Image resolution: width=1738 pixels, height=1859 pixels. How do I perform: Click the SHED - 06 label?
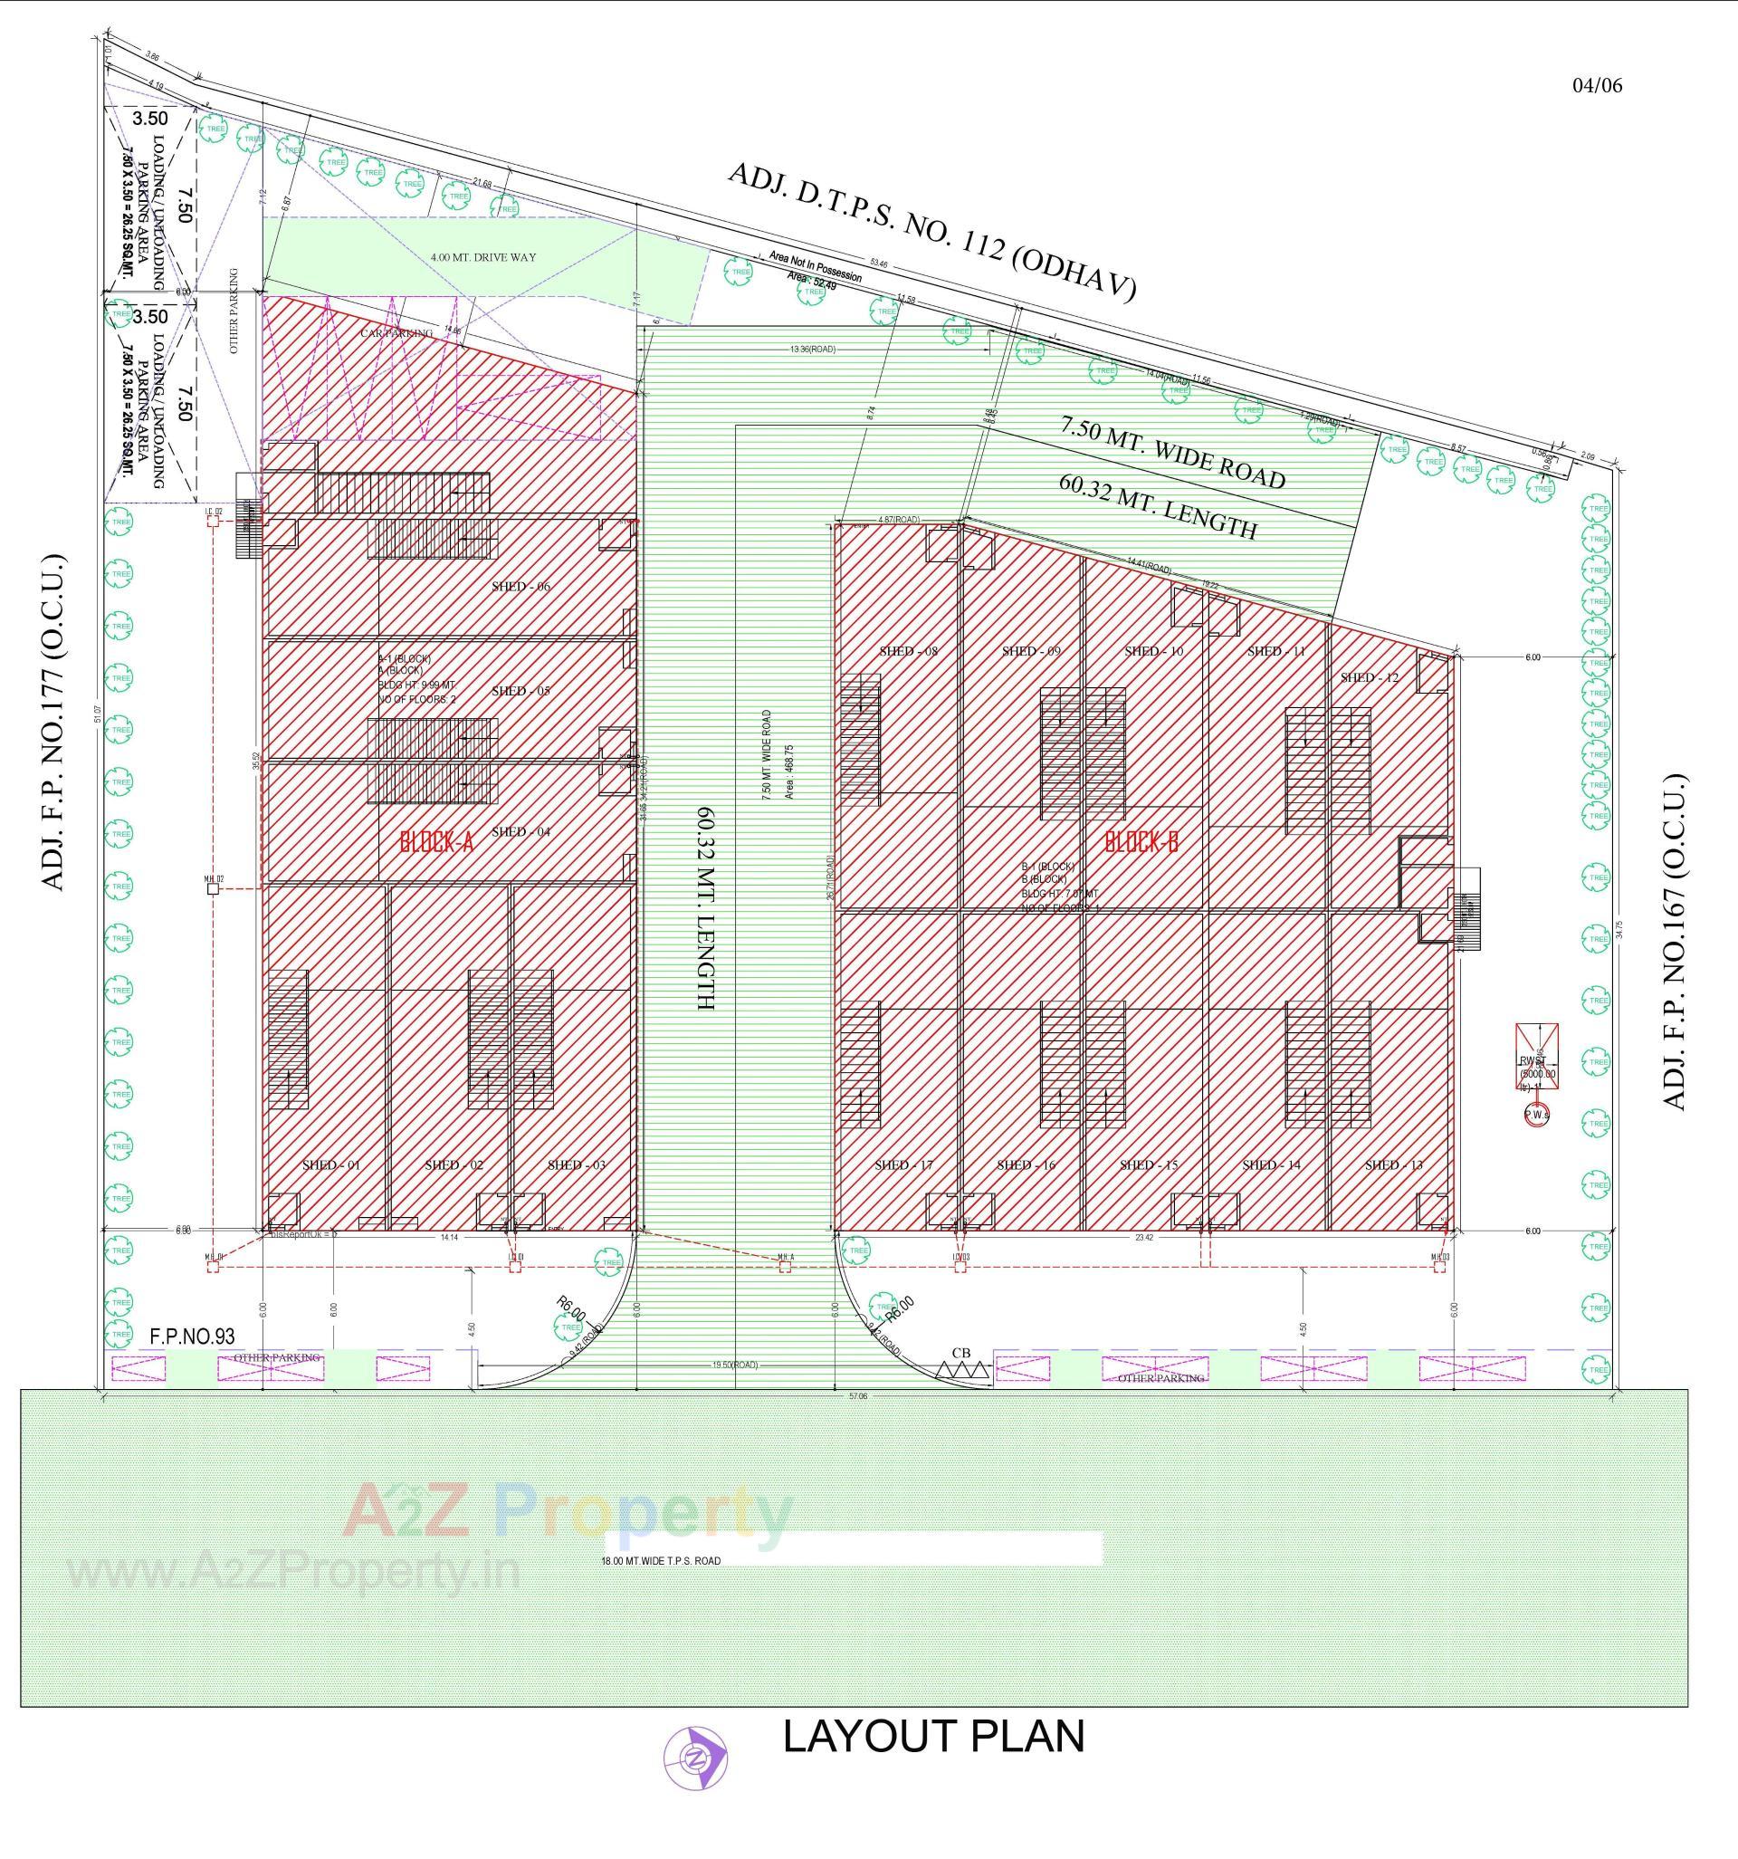pyautogui.click(x=520, y=587)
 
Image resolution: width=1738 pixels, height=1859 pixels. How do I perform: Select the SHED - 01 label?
pyautogui.click(x=331, y=1165)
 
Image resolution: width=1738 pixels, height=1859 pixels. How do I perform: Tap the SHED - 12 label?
pyautogui.click(x=1369, y=677)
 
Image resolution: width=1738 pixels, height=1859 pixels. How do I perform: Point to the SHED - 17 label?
pyautogui.click(x=903, y=1165)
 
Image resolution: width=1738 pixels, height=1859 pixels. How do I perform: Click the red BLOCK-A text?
pyautogui.click(x=436, y=841)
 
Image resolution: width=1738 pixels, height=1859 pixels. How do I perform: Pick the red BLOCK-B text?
pyautogui.click(x=1141, y=841)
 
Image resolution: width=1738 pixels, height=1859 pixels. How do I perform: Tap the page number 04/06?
pyautogui.click(x=1597, y=86)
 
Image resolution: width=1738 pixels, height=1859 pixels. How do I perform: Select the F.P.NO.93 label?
pyautogui.click(x=192, y=1337)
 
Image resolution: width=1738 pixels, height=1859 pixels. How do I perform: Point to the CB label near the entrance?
pyautogui.click(x=961, y=1352)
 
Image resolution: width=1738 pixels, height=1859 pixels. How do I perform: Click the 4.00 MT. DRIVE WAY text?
pyautogui.click(x=483, y=257)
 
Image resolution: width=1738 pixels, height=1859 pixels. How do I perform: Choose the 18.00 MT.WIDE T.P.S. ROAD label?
pyautogui.click(x=662, y=1561)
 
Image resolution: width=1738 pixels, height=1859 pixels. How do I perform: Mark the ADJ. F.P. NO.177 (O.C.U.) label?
pyautogui.click(x=53, y=723)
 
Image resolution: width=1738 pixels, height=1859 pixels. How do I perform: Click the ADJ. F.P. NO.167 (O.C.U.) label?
pyautogui.click(x=1675, y=941)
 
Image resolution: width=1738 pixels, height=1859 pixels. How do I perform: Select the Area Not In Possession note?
pyautogui.click(x=815, y=266)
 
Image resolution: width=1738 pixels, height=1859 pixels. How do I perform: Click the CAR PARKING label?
pyautogui.click(x=397, y=333)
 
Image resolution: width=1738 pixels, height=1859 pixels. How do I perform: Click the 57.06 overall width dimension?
pyautogui.click(x=856, y=1395)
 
